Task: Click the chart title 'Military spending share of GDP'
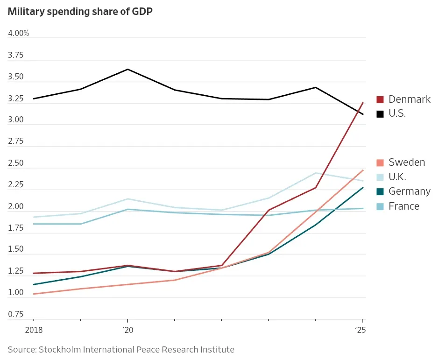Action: click(x=80, y=12)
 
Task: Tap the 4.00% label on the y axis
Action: click(x=18, y=33)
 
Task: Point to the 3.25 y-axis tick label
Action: click(x=16, y=99)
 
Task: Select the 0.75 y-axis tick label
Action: click(x=16, y=314)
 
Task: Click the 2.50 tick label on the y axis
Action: click(x=16, y=163)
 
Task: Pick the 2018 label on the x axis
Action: click(x=34, y=330)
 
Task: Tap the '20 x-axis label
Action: click(x=127, y=330)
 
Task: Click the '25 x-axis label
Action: click(x=360, y=330)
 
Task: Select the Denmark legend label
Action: click(x=410, y=99)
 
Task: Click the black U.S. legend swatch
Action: click(x=380, y=114)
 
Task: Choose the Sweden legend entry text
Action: click(x=407, y=162)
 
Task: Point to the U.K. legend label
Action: click(x=397, y=177)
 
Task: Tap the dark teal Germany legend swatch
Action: click(x=380, y=191)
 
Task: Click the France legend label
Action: click(x=404, y=206)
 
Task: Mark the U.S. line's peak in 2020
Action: click(x=127, y=69)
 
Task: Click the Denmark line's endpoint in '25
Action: click(x=363, y=103)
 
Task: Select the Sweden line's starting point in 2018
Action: click(x=34, y=294)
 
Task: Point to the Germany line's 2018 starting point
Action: click(x=34, y=284)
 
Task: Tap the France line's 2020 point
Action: click(x=127, y=209)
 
